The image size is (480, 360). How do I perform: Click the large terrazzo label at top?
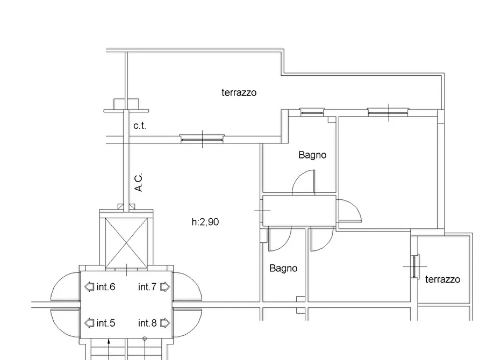click(x=239, y=92)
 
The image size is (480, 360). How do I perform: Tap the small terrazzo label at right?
click(x=443, y=279)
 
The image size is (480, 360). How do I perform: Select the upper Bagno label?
click(x=312, y=155)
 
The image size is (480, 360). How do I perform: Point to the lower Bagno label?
click(x=283, y=269)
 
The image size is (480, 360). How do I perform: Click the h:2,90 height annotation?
click(x=205, y=221)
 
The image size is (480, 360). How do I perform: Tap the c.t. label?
click(x=140, y=126)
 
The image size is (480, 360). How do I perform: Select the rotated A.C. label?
click(x=139, y=183)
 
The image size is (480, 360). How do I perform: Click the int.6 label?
click(x=105, y=287)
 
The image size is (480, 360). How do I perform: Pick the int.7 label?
click(x=147, y=287)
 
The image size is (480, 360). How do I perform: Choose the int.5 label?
click(x=105, y=323)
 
